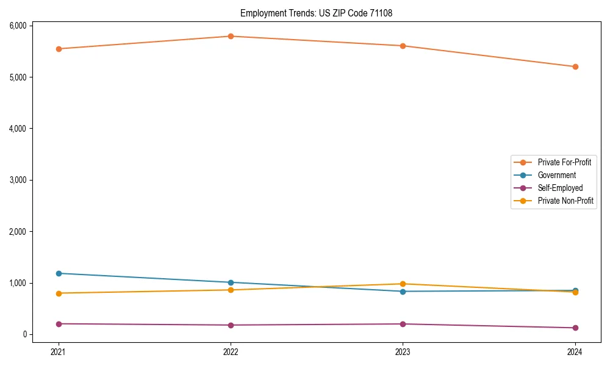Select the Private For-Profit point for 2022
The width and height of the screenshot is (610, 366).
[x=231, y=36]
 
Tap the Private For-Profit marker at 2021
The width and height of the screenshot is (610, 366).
[x=59, y=49]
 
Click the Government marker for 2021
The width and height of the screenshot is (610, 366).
[x=59, y=273]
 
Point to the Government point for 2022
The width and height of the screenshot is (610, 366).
[x=231, y=282]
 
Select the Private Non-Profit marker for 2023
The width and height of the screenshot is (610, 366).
[x=403, y=284]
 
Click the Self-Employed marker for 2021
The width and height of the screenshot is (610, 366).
[x=59, y=324]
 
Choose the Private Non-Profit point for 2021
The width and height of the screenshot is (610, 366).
[x=59, y=293]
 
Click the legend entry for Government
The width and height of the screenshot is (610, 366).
[x=556, y=175]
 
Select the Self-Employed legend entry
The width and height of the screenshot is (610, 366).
[x=560, y=188]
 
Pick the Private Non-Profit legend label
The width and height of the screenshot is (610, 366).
[x=565, y=201]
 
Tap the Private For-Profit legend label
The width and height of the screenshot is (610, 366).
[x=564, y=162]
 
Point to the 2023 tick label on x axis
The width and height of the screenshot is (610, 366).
[x=403, y=351]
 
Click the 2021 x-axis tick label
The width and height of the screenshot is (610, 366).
[x=59, y=351]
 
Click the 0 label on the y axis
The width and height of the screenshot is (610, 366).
[x=26, y=334]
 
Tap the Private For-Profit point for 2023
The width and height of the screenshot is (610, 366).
[x=403, y=46]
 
